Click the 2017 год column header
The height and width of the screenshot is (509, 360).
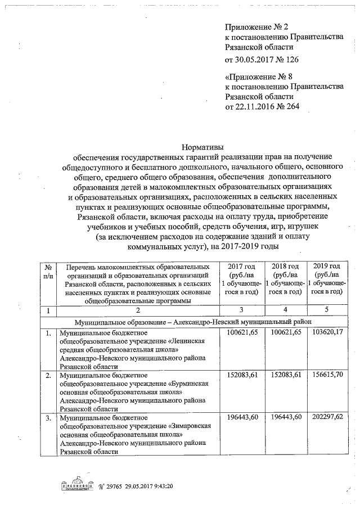coord(241,266)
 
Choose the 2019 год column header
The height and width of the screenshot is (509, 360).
coord(327,266)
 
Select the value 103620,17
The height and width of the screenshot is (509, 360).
coord(327,334)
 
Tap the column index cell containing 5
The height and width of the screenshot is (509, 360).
coord(327,310)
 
